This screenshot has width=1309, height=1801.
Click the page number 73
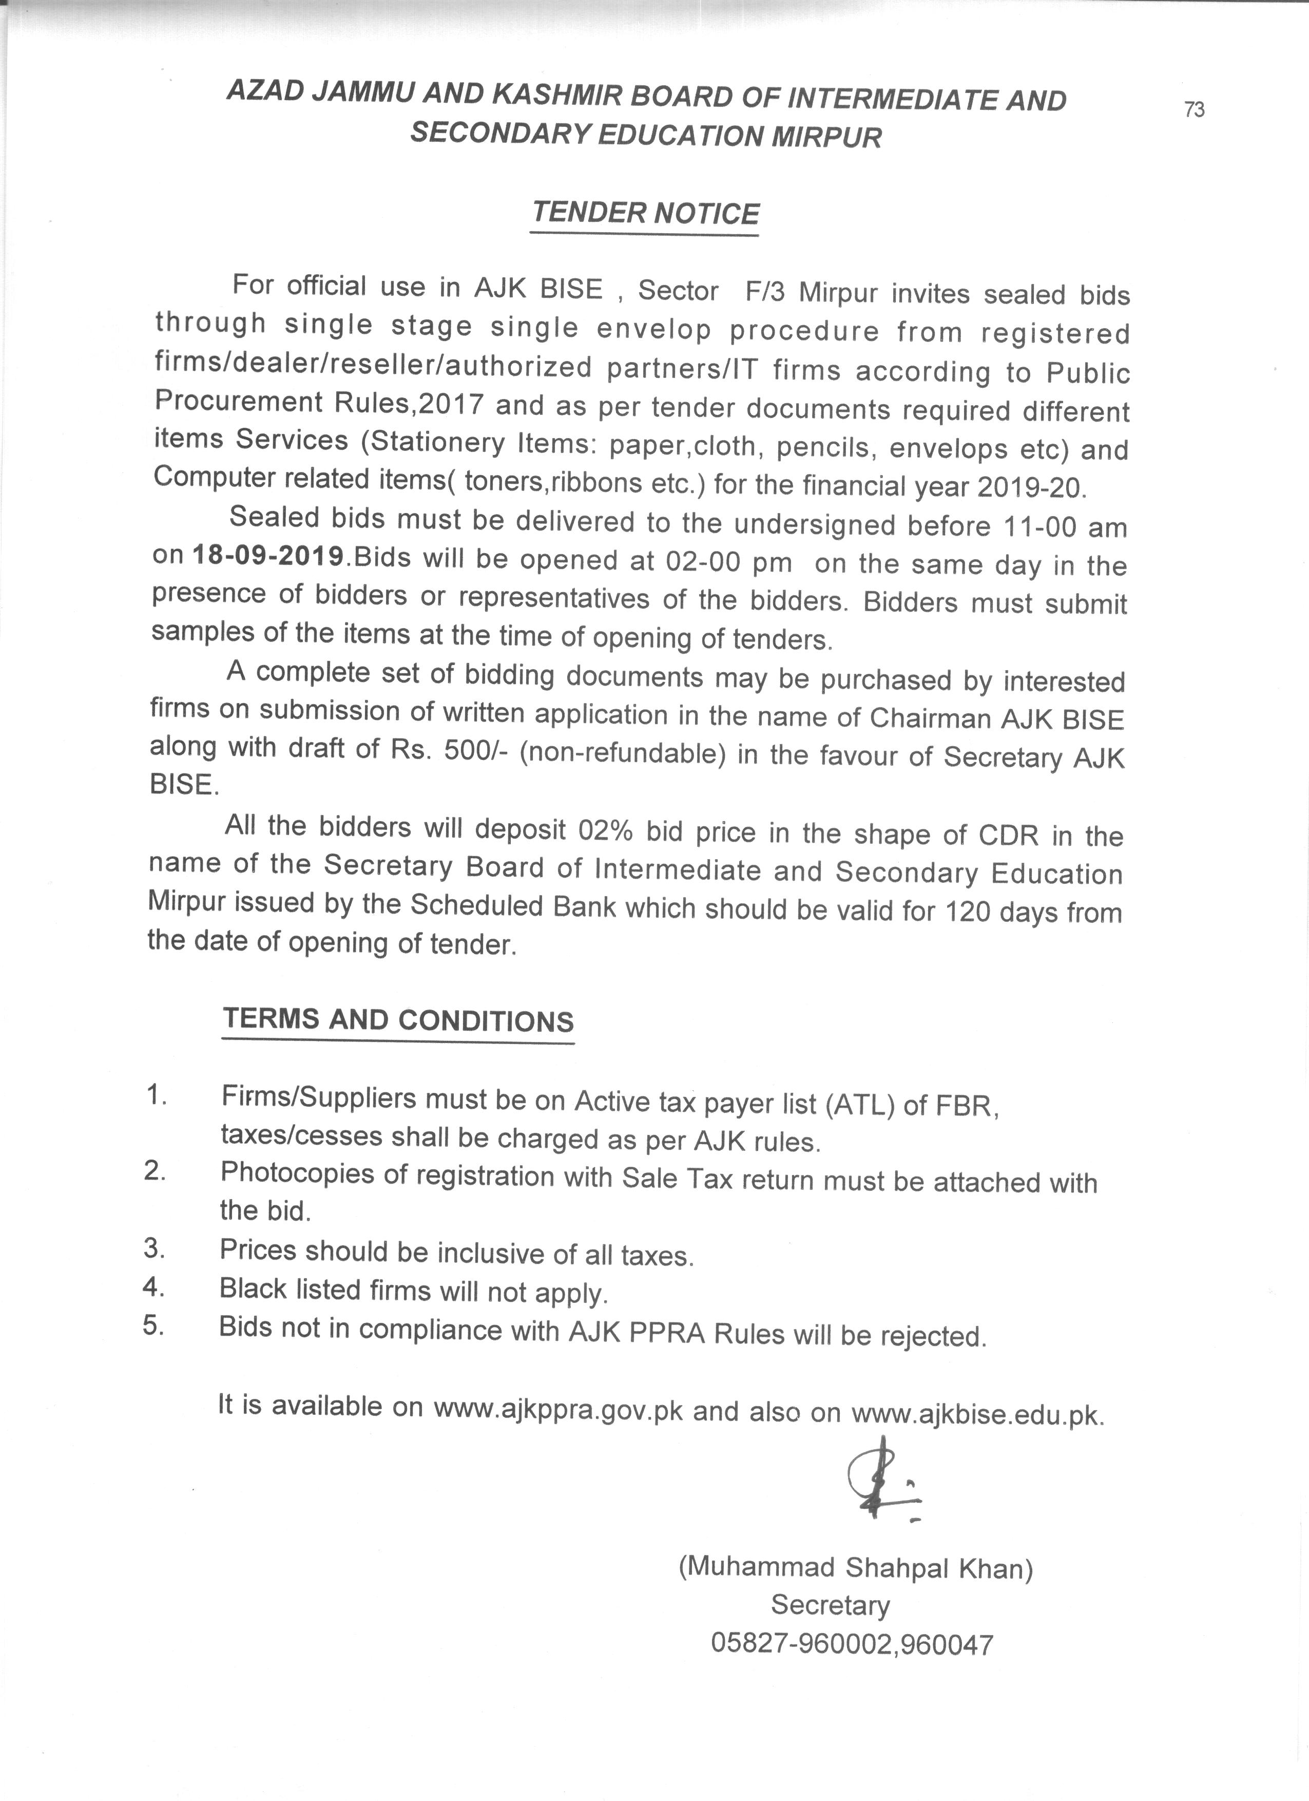pos(1194,109)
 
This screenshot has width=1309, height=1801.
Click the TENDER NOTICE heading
pos(645,213)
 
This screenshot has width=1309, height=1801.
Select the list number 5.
pos(153,1326)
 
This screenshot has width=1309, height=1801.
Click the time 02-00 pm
pos(728,562)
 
